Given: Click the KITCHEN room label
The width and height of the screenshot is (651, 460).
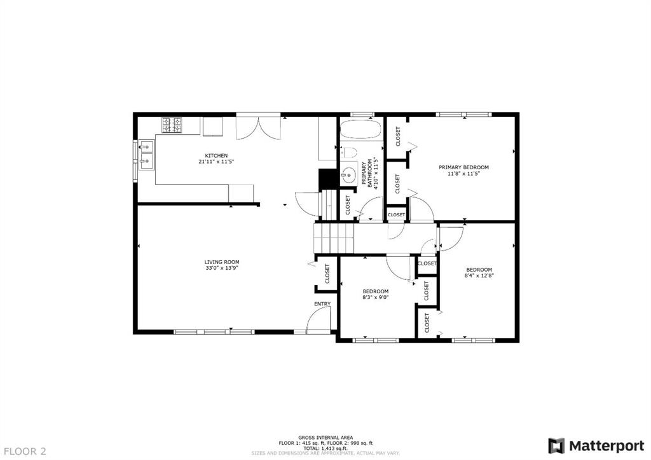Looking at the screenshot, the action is pos(216,156).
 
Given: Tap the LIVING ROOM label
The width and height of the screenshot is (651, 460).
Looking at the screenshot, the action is pos(222,262).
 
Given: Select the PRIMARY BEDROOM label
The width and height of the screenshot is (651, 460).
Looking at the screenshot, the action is pos(463,167).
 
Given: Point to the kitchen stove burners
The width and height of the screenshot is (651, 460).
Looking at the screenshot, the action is pos(172,125).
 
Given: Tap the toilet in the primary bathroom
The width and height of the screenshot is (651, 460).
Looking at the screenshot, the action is pos(349,153).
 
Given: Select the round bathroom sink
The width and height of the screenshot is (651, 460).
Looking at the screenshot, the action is pos(349,175).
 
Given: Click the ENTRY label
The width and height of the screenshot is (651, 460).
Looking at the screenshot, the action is pos(322,304).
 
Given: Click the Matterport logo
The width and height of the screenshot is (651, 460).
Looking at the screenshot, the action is pos(596,446).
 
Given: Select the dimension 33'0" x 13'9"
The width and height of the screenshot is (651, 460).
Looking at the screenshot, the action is pos(222,268).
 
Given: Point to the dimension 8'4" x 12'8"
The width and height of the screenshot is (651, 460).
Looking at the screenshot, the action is pos(479,275).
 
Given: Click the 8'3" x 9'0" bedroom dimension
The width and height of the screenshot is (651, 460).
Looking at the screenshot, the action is pos(375,297).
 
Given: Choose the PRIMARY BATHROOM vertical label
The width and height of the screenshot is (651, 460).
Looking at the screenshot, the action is pos(369,173).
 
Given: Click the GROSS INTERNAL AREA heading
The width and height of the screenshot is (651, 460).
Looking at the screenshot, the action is pos(325,438).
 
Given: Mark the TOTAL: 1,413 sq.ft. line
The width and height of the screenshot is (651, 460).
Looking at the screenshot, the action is pos(325,449).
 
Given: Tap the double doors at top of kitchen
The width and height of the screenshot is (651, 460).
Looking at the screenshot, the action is pos(258,127).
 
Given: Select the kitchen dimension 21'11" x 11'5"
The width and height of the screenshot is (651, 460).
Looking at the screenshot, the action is pos(216,162).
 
